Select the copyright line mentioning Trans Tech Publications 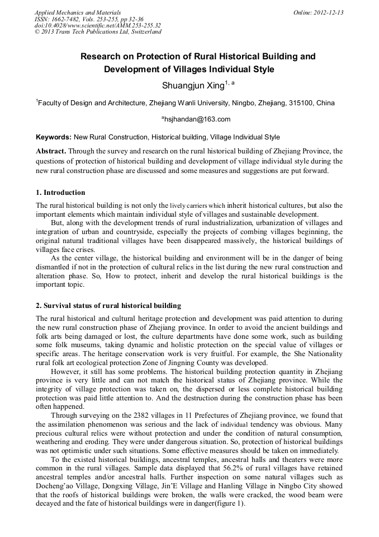click(98, 32)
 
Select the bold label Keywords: click(54, 137)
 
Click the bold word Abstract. click(51, 151)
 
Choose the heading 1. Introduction click(60, 193)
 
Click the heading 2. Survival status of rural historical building click(108, 306)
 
